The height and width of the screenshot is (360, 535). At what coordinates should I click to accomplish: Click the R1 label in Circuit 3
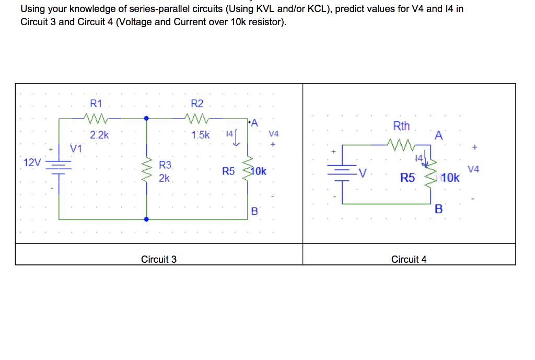[97, 103]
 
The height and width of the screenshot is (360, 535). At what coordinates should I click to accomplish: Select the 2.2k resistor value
[99, 135]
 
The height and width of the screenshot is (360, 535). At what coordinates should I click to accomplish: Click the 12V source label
[32, 162]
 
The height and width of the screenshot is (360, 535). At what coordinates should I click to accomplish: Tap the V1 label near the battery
[76, 148]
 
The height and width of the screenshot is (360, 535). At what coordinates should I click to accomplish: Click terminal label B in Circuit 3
[254, 212]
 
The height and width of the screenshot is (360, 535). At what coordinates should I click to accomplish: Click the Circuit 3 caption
[159, 259]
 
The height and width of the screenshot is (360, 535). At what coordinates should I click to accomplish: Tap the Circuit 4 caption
[409, 259]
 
